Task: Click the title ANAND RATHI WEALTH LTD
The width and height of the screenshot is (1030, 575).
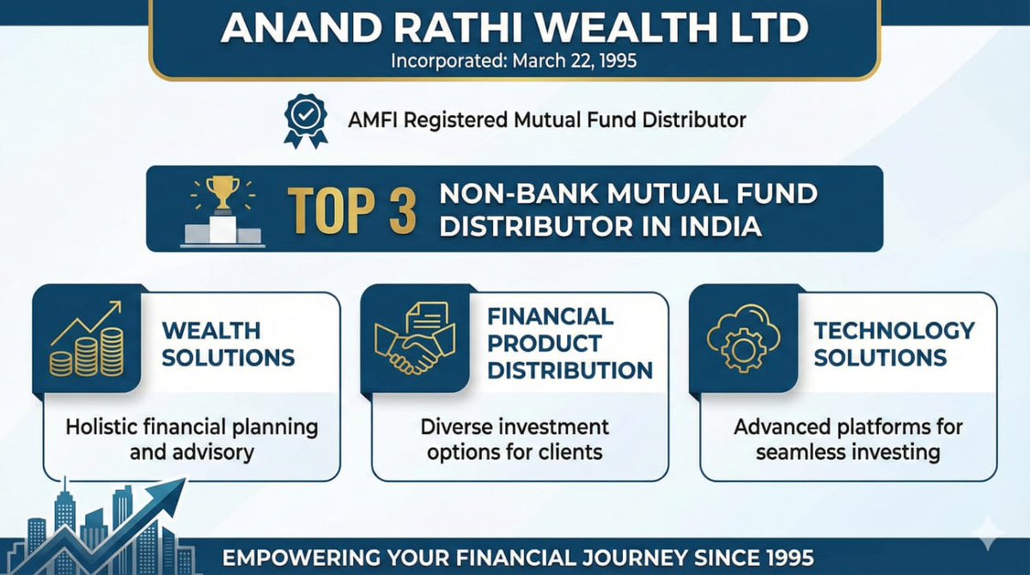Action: point(514,28)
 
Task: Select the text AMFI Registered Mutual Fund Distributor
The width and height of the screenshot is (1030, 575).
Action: point(547,120)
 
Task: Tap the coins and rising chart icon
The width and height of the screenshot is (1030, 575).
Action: point(86,343)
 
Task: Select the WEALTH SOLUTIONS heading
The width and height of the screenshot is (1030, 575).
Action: point(228,344)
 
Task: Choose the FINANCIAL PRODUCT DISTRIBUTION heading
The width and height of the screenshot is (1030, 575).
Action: point(570,343)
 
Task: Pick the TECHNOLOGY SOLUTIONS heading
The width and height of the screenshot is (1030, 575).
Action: point(894,344)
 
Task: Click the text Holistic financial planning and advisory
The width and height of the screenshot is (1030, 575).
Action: point(192,439)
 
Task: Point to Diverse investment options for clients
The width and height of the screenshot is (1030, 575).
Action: point(515,439)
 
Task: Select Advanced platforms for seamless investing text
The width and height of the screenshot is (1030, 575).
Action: point(848,439)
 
